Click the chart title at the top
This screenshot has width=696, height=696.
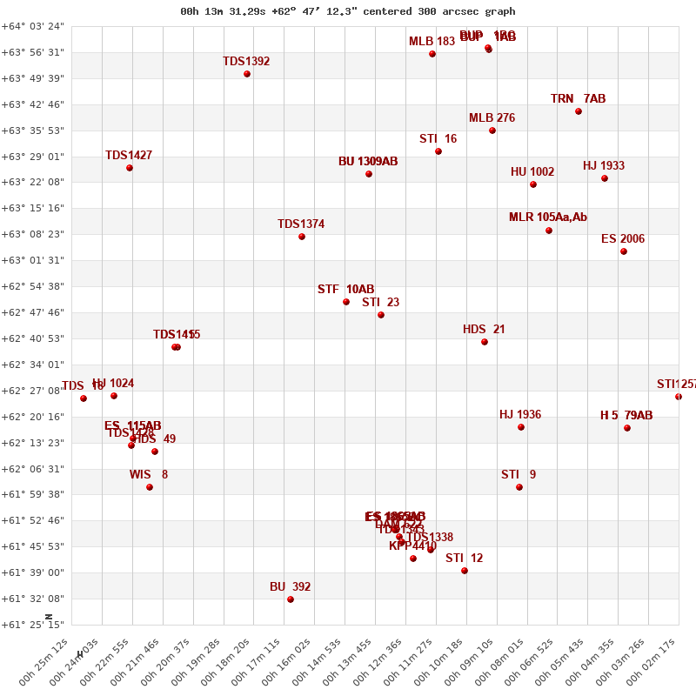[x=348, y=11]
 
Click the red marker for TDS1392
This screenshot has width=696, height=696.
[x=247, y=74]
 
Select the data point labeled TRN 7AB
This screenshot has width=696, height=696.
[x=579, y=111]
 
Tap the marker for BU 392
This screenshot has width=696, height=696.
[x=291, y=599]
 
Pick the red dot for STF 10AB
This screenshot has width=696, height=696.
[x=346, y=302]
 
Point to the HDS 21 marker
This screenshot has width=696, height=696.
[x=485, y=342]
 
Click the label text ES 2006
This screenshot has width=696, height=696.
[x=623, y=239]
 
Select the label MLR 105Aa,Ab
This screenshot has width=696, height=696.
[x=548, y=217]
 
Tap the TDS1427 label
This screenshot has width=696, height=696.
[x=129, y=156]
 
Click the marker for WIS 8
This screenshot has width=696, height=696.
[x=150, y=487]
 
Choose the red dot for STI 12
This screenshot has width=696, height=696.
[x=465, y=571]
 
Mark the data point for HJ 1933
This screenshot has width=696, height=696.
[x=605, y=178]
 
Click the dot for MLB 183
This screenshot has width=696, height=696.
[x=432, y=54]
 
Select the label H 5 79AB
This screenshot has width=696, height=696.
[x=626, y=416]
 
